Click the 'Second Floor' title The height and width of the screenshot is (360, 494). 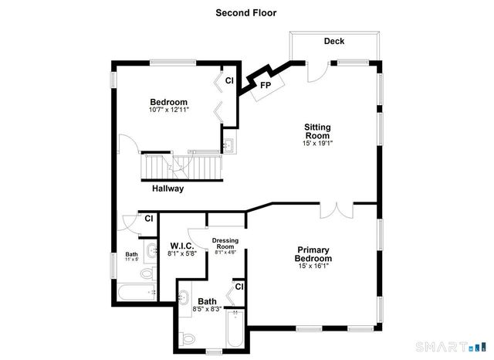[245, 12]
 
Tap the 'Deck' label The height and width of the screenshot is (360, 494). [334, 41]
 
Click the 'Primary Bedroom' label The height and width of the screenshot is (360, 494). [313, 254]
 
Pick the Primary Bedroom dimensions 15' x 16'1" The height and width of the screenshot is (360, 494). [313, 266]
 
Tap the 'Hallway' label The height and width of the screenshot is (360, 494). [167, 188]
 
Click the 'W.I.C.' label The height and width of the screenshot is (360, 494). [182, 246]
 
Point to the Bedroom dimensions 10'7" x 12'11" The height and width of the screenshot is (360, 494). [168, 110]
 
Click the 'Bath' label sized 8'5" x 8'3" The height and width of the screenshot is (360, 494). [207, 301]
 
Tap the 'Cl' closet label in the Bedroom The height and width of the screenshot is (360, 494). [229, 80]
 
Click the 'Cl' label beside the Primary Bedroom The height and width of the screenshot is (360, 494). [239, 287]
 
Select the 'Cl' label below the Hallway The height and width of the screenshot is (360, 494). [148, 219]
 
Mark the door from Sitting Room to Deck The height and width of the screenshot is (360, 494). [316, 71]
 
